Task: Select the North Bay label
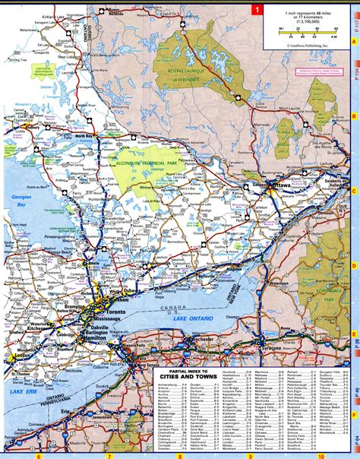coord(84,135)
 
